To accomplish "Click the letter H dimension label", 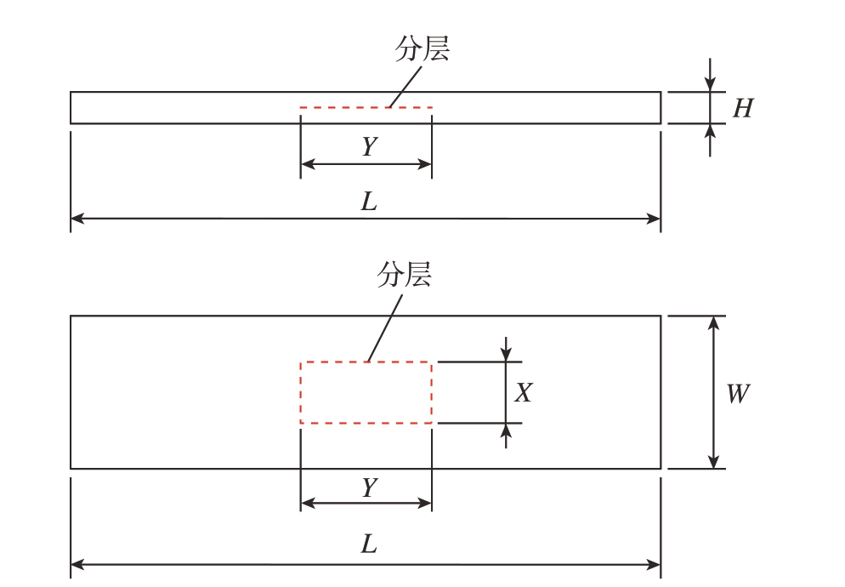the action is (743, 108).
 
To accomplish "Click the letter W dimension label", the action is (737, 394).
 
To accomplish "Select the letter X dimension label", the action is (523, 393).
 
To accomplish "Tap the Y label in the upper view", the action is (370, 146).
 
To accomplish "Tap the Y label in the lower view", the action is (370, 487).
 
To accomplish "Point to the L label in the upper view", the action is (369, 202).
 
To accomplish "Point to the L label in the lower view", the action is (369, 544).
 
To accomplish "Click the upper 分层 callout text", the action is (422, 49).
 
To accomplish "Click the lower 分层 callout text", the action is (404, 275).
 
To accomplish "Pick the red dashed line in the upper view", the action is (366, 108).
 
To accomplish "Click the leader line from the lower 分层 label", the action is (385, 328).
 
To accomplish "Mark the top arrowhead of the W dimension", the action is (713, 322).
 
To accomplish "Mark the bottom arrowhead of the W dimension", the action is (713, 462).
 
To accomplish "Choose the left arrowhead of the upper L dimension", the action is (77, 219).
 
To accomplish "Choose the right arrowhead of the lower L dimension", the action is (654, 565).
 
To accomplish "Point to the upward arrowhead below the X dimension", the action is (506, 430).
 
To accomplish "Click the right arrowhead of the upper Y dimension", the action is (425, 164).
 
